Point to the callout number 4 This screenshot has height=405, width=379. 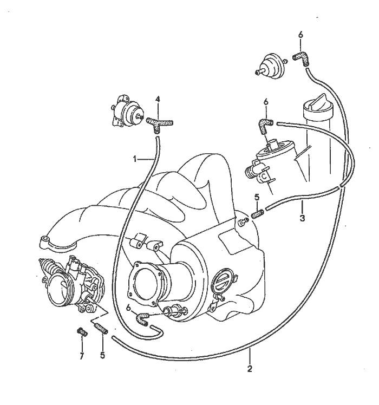tap(158, 99)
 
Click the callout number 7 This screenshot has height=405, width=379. tap(82, 355)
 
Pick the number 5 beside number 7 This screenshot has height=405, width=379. tap(103, 356)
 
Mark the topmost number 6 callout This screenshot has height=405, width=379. tap(300, 35)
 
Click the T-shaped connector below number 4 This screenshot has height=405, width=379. tap(159, 122)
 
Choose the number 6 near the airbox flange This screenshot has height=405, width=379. tap(128, 307)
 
